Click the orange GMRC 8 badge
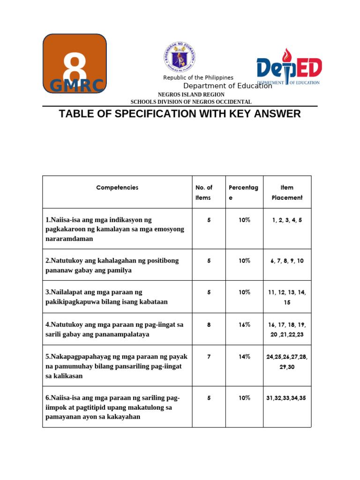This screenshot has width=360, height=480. (75, 63)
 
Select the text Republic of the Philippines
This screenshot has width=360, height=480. (198, 77)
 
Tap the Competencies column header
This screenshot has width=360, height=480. (117, 187)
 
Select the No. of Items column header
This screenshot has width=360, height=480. (203, 192)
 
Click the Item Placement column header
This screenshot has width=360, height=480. (287, 192)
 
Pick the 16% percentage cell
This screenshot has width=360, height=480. (244, 324)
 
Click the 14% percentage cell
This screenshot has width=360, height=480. (244, 357)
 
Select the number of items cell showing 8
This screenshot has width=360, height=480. (209, 324)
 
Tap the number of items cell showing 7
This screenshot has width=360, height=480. (209, 357)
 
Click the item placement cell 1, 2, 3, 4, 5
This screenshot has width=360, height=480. (287, 220)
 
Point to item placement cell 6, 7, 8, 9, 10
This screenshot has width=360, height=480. (287, 261)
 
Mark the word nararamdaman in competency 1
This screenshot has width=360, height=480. (69, 239)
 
